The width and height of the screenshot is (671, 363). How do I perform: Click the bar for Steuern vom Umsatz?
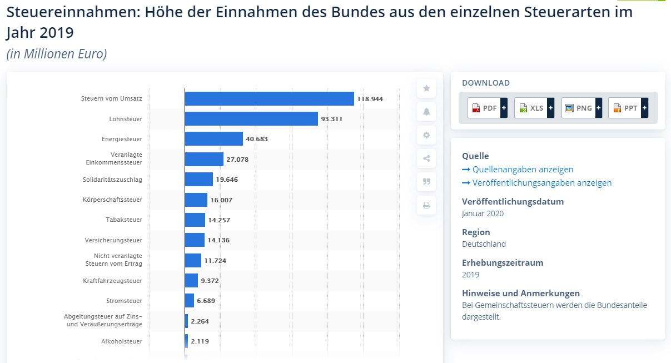(x=269, y=98)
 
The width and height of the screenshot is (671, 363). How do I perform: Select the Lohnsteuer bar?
(x=251, y=118)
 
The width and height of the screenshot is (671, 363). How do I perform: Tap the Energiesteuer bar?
(x=214, y=139)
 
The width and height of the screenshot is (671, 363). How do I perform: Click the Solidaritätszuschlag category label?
(x=112, y=179)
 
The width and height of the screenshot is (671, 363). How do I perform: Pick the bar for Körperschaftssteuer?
(x=196, y=200)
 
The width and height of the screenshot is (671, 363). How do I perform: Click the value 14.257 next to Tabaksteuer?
(x=219, y=220)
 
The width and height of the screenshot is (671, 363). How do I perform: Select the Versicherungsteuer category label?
(x=113, y=240)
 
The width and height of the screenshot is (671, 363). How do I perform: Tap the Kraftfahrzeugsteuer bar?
(x=191, y=281)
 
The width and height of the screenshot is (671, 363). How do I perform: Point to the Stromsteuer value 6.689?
(x=206, y=301)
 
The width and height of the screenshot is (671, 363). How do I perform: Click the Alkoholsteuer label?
(x=122, y=341)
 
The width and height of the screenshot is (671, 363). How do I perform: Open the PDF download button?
(x=488, y=108)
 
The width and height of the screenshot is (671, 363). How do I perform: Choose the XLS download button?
(x=534, y=108)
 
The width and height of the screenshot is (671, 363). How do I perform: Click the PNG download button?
(x=581, y=108)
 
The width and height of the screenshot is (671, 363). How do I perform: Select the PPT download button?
(x=628, y=108)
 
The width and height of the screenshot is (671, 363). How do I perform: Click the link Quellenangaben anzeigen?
(x=523, y=170)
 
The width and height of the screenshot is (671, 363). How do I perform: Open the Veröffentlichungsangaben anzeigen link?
(x=542, y=183)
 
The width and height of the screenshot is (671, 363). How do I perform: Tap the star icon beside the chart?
(x=426, y=88)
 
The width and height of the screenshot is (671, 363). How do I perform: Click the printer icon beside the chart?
(x=426, y=205)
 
